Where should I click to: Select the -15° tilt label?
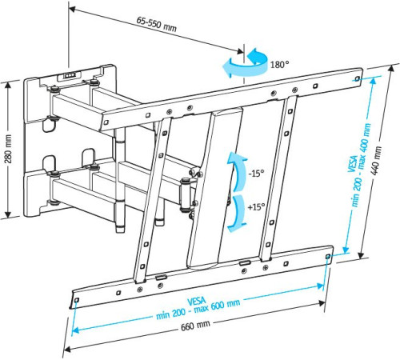pos(255,173)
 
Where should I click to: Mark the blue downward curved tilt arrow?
pos(237,214)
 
